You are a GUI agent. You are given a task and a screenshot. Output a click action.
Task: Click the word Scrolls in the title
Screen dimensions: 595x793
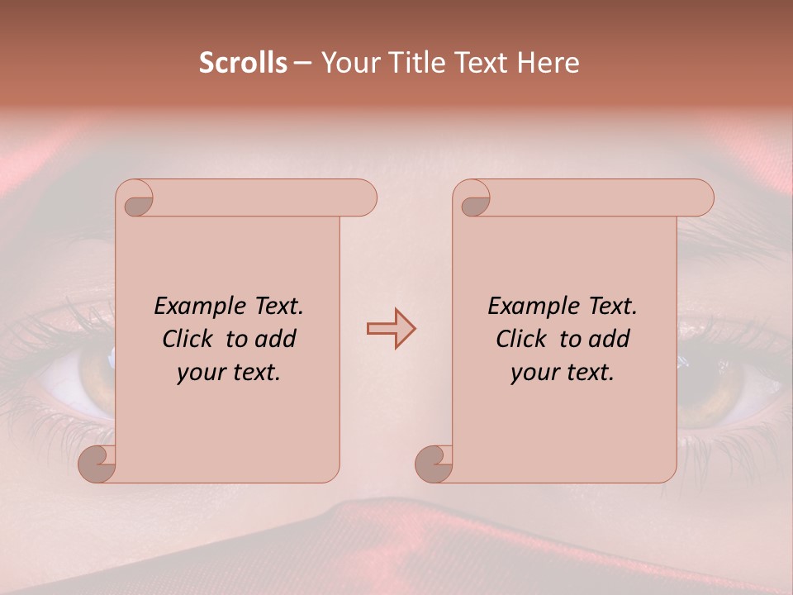pyautogui.click(x=243, y=63)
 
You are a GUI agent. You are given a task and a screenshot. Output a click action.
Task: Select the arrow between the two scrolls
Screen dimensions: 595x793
pyautogui.click(x=391, y=328)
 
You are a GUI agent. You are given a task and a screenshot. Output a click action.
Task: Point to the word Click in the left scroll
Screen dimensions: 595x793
pyautogui.click(x=189, y=339)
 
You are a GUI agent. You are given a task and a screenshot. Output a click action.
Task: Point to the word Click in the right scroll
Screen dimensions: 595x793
pyautogui.click(x=523, y=339)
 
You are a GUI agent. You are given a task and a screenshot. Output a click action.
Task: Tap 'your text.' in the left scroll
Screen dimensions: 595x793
pyautogui.click(x=229, y=373)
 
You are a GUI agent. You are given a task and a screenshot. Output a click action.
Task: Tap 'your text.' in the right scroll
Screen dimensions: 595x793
pyautogui.click(x=563, y=373)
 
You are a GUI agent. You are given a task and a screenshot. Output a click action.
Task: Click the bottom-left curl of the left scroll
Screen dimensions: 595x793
pyautogui.click(x=97, y=463)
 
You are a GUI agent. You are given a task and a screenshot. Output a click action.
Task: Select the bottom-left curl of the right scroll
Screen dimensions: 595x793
pyautogui.click(x=434, y=463)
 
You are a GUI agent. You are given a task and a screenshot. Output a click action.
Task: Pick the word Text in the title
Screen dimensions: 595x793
pyautogui.click(x=481, y=63)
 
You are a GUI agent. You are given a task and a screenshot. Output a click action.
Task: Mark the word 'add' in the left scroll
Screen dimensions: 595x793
pyautogui.click(x=277, y=339)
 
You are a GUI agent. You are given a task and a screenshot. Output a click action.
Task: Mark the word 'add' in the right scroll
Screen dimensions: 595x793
pyautogui.click(x=610, y=339)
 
